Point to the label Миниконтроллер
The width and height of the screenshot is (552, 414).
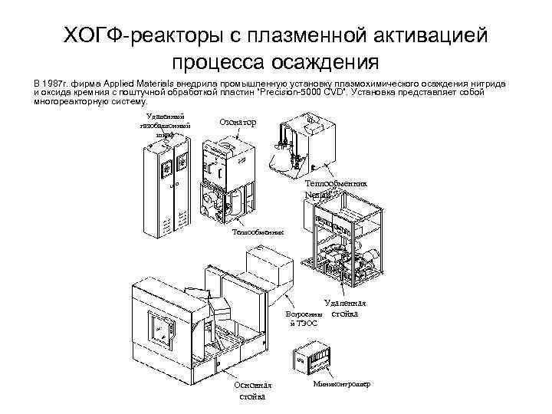(342, 383)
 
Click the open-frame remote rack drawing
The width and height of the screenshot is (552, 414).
(342, 245)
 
